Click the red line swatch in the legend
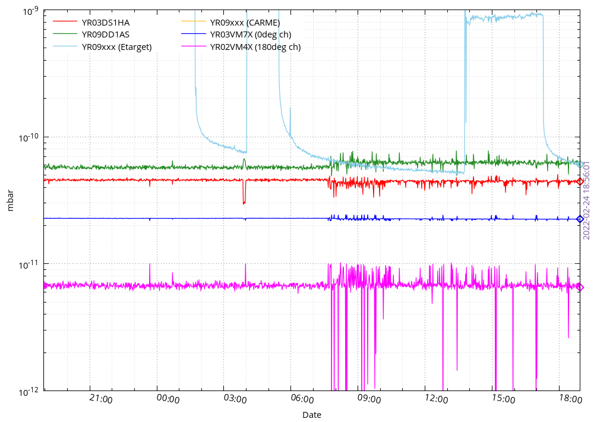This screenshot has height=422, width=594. tap(65, 21)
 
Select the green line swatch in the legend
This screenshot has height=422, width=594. tap(65, 33)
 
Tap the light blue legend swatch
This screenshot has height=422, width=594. tap(65, 46)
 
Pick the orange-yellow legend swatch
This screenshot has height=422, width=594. tap(194, 21)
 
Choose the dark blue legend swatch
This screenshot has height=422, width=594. tap(194, 33)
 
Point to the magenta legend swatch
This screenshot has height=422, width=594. tap(194, 46)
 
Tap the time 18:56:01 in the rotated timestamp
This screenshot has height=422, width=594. tap(586, 177)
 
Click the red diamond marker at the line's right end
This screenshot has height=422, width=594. tap(580, 182)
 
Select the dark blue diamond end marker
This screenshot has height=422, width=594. tap(579, 219)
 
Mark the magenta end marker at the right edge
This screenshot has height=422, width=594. tap(580, 287)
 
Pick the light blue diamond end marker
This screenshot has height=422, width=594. tap(580, 163)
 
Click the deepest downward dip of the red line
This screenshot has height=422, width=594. tap(244, 202)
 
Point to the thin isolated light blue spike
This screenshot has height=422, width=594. tap(290, 119)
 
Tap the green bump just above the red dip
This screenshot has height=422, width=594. tap(244, 160)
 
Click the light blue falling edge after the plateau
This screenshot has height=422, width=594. tap(543, 89)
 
